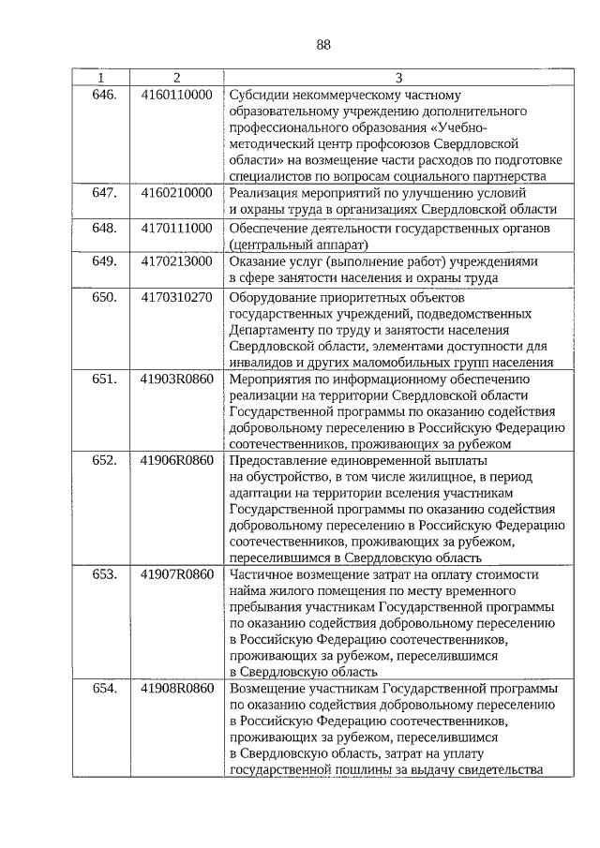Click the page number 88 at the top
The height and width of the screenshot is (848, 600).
[x=324, y=44]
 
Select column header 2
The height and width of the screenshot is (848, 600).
[x=176, y=77]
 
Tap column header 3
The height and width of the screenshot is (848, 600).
[x=397, y=77]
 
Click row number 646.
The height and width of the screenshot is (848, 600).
[x=103, y=95]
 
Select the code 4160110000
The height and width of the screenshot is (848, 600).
[x=176, y=95]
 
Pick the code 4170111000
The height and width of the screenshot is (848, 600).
[x=176, y=228]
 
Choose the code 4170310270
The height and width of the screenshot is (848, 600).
[x=176, y=298]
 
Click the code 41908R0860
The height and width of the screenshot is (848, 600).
[x=176, y=689]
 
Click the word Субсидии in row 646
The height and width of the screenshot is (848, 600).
[x=258, y=95]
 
